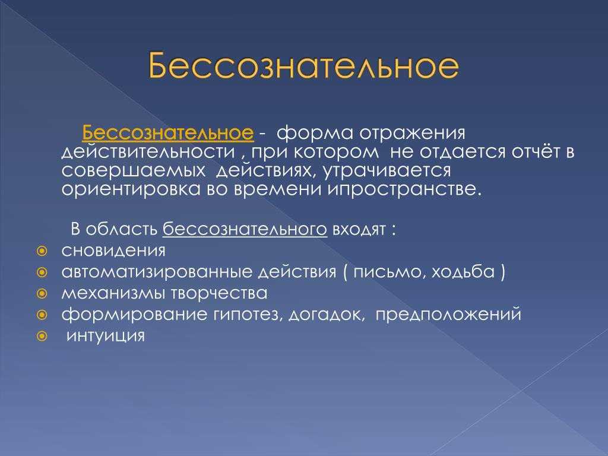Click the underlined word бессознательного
pos(244,229)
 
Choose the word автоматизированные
pos(158,272)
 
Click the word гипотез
pos(246,314)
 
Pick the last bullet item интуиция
pos(105,336)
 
